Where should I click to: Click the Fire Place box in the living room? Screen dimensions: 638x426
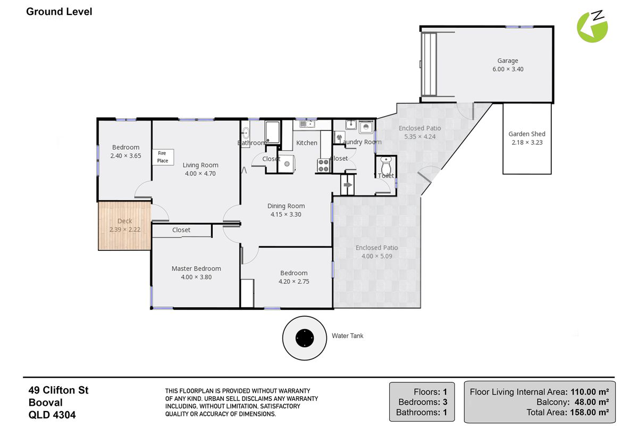[163, 157]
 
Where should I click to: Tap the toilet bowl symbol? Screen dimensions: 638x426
[386, 165]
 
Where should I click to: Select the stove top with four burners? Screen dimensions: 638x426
[324, 166]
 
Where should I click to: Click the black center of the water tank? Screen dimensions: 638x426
[305, 338]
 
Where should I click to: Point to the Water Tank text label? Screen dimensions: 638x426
[348, 336]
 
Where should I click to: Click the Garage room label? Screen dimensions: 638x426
[508, 61]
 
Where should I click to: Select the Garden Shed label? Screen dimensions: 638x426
[527, 134]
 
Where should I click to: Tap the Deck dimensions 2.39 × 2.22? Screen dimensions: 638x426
[125, 230]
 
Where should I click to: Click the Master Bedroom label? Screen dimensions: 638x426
[196, 268]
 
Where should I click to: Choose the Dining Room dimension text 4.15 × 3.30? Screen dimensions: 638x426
[286, 214]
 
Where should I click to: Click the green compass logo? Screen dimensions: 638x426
[592, 27]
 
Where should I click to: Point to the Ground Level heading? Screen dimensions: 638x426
[59, 12]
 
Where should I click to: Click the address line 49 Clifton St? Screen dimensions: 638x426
[58, 390]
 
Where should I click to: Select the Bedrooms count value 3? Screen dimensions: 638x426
[445, 402]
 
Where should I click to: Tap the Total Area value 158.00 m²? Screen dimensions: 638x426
[589, 412]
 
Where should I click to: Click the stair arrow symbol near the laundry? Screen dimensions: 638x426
[348, 185]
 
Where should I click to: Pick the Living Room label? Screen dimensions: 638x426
[200, 165]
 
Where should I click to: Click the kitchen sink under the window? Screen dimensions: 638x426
[307, 124]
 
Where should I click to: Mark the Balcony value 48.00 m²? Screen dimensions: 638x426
[592, 402]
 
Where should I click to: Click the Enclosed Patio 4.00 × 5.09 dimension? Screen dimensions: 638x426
[376, 256]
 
